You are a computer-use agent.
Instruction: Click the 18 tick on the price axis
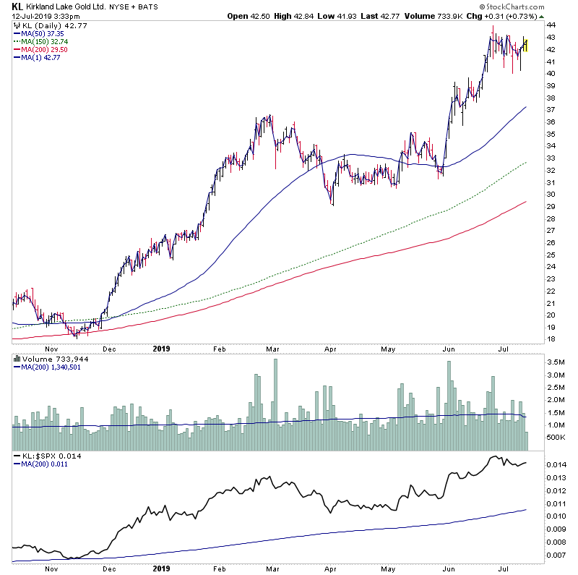coord(551,338)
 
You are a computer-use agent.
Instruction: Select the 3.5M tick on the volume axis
coord(555,362)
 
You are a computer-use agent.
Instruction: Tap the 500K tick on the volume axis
coord(555,438)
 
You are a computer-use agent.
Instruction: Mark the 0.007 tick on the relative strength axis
coord(556,555)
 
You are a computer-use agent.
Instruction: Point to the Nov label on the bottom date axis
coord(51,569)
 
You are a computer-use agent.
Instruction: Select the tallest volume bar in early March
coord(275,394)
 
